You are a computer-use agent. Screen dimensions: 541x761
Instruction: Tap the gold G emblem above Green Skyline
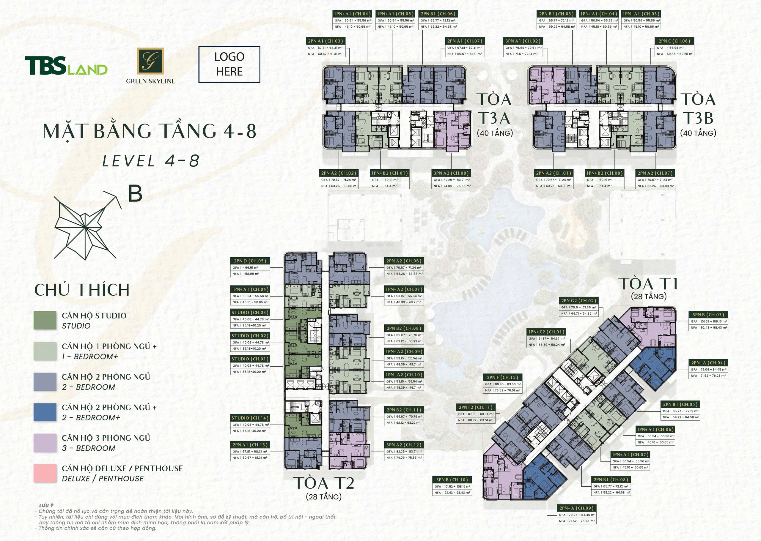150,61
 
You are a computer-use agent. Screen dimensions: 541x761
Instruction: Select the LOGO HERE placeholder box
229,64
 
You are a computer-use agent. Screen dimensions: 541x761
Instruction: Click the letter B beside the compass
135,193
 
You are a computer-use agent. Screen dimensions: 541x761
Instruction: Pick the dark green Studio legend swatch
45,321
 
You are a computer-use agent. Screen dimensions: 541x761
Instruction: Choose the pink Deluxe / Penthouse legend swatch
45,473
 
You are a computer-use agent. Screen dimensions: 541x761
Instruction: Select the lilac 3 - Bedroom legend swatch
45,443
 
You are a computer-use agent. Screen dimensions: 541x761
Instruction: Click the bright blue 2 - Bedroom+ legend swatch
45,412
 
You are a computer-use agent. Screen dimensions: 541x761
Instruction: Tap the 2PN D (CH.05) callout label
250,261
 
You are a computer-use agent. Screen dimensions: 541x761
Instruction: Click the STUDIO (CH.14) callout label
250,418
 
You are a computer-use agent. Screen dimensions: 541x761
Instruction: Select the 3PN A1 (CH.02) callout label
523,41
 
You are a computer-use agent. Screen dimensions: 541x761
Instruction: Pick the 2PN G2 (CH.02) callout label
578,300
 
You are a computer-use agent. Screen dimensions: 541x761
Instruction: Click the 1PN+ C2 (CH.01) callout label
546,332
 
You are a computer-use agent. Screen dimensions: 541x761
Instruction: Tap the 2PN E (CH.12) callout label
503,377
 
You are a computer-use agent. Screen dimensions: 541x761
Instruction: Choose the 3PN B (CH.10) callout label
452,480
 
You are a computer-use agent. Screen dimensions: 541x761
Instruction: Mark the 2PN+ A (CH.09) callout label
576,508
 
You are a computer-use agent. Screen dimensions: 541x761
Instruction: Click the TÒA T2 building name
324,483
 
